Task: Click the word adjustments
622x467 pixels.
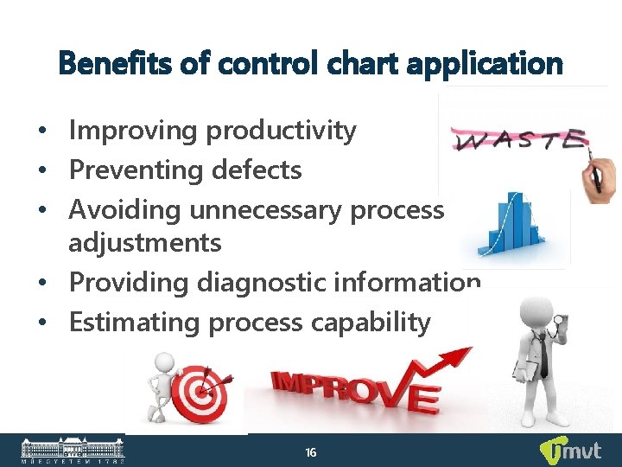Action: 144,243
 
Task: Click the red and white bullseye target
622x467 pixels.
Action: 198,393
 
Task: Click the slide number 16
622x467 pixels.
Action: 311,452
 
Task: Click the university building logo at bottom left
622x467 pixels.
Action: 73,451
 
